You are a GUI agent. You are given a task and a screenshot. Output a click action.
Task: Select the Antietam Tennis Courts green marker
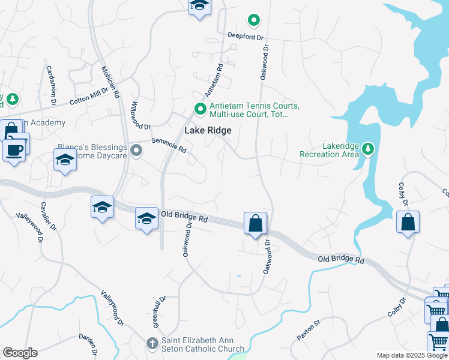pyautogui.click(x=200, y=109)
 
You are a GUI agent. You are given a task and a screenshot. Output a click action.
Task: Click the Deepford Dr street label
pyautogui.click(x=246, y=35)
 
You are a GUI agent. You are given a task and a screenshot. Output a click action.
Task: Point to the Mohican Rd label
pyautogui.click(x=110, y=82)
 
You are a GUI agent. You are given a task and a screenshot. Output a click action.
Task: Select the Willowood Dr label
pyautogui.click(x=139, y=114)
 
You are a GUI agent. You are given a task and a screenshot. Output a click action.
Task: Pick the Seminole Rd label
pyautogui.click(x=169, y=145)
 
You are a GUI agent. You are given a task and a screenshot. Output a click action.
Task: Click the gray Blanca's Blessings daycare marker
pyautogui.click(x=137, y=151)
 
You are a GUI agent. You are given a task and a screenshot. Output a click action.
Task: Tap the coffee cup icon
pyautogui.click(x=14, y=149)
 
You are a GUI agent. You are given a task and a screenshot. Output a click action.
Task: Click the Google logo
pyautogui.click(x=20, y=353)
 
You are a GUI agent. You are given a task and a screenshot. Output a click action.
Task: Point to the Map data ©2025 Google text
pyautogui.click(x=412, y=355)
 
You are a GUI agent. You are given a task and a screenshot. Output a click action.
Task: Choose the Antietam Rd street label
pyautogui.click(x=214, y=82)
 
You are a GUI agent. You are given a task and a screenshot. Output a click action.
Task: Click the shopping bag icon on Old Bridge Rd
pyautogui.click(x=256, y=223)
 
